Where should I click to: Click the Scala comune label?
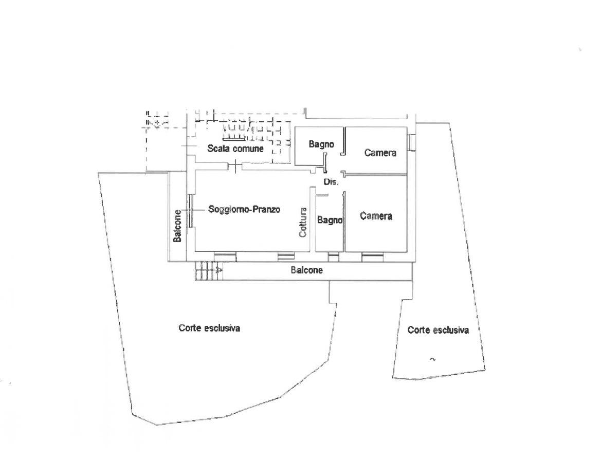(235, 149)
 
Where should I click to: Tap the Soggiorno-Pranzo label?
(245, 210)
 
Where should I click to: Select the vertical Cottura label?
(303, 222)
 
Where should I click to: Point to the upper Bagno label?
(321, 145)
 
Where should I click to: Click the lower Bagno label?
(330, 220)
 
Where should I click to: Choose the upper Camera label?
(380, 153)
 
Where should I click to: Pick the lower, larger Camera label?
(376, 216)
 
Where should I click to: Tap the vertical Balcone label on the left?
(177, 226)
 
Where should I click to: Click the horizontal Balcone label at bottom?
(307, 270)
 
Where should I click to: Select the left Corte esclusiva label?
(209, 328)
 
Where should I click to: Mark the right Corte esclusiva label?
(438, 330)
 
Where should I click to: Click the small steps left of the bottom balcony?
(208, 270)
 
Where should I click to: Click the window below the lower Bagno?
(334, 255)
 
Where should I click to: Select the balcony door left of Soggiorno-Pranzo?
(190, 210)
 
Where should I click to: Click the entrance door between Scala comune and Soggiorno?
(235, 166)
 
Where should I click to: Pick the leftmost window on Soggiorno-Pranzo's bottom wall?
(225, 255)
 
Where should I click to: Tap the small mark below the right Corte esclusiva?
(432, 358)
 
